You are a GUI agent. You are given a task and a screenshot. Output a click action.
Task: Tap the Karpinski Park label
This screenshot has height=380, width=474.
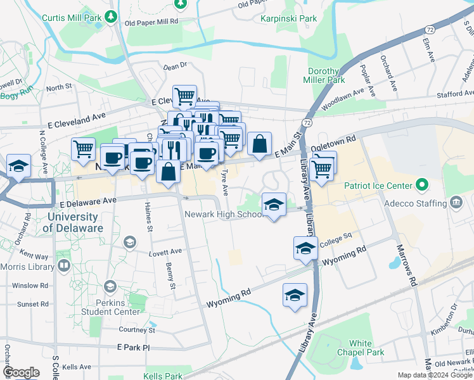(x=288, y=18)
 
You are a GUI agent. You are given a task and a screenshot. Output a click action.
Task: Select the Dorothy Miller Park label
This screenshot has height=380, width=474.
(x=326, y=75)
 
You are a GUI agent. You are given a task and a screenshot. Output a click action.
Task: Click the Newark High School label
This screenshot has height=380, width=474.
(x=223, y=214)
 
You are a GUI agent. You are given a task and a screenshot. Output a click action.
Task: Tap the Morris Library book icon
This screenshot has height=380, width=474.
(x=63, y=265)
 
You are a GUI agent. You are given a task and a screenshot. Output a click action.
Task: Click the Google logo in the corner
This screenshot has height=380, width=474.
(x=21, y=372)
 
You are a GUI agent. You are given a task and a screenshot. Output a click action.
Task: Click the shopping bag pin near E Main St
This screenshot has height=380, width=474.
(x=259, y=144)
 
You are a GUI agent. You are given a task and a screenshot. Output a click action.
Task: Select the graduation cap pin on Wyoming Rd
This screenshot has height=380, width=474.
(x=294, y=295)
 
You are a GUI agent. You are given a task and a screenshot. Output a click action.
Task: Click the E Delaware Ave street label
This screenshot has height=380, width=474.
(x=88, y=200)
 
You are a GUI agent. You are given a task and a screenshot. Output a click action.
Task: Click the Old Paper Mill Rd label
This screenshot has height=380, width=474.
(x=151, y=22)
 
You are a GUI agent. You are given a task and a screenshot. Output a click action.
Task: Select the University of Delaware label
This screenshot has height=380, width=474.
(x=74, y=223)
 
